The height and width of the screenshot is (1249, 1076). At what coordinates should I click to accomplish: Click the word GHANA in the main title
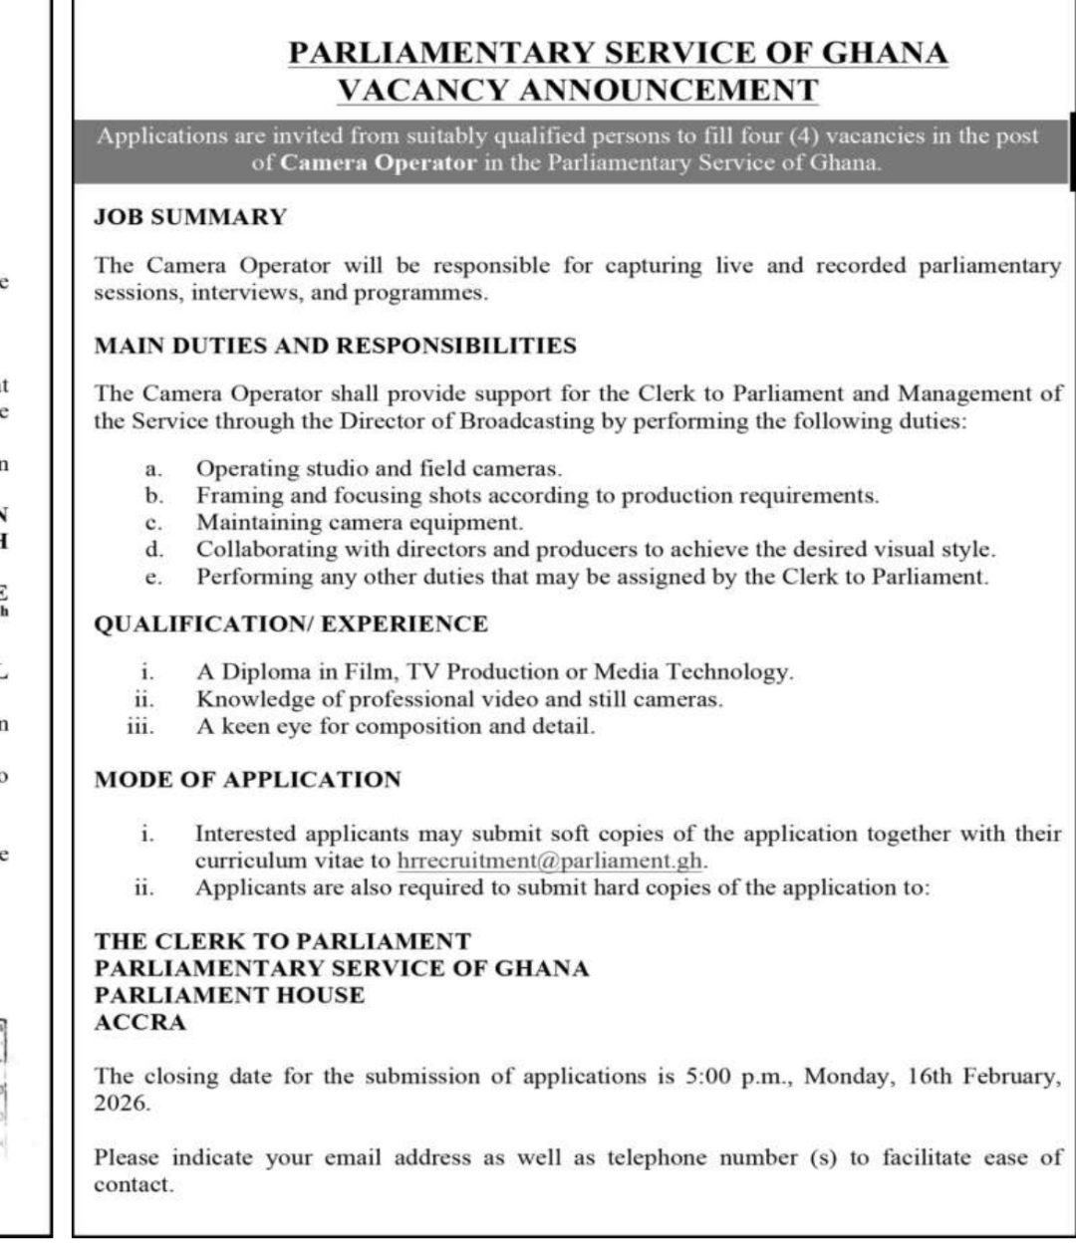[889, 53]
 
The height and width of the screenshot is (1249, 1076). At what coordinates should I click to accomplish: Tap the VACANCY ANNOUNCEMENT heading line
[577, 90]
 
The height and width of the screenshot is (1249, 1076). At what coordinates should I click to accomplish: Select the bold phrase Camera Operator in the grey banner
[379, 163]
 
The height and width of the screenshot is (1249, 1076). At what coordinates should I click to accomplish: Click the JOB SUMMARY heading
[190, 217]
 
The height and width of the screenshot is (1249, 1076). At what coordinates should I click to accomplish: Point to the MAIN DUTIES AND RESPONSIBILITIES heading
[335, 347]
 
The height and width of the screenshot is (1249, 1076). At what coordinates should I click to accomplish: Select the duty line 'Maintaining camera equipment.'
[359, 522]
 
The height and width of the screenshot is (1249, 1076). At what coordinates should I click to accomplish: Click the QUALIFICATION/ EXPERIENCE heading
[291, 624]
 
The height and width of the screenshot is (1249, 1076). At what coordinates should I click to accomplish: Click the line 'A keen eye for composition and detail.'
[395, 726]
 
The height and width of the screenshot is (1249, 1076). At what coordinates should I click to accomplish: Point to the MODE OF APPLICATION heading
[247, 780]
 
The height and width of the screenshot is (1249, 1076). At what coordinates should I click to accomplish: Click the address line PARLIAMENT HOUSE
[229, 995]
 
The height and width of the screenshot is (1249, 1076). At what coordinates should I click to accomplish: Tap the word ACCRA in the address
[139, 1022]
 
